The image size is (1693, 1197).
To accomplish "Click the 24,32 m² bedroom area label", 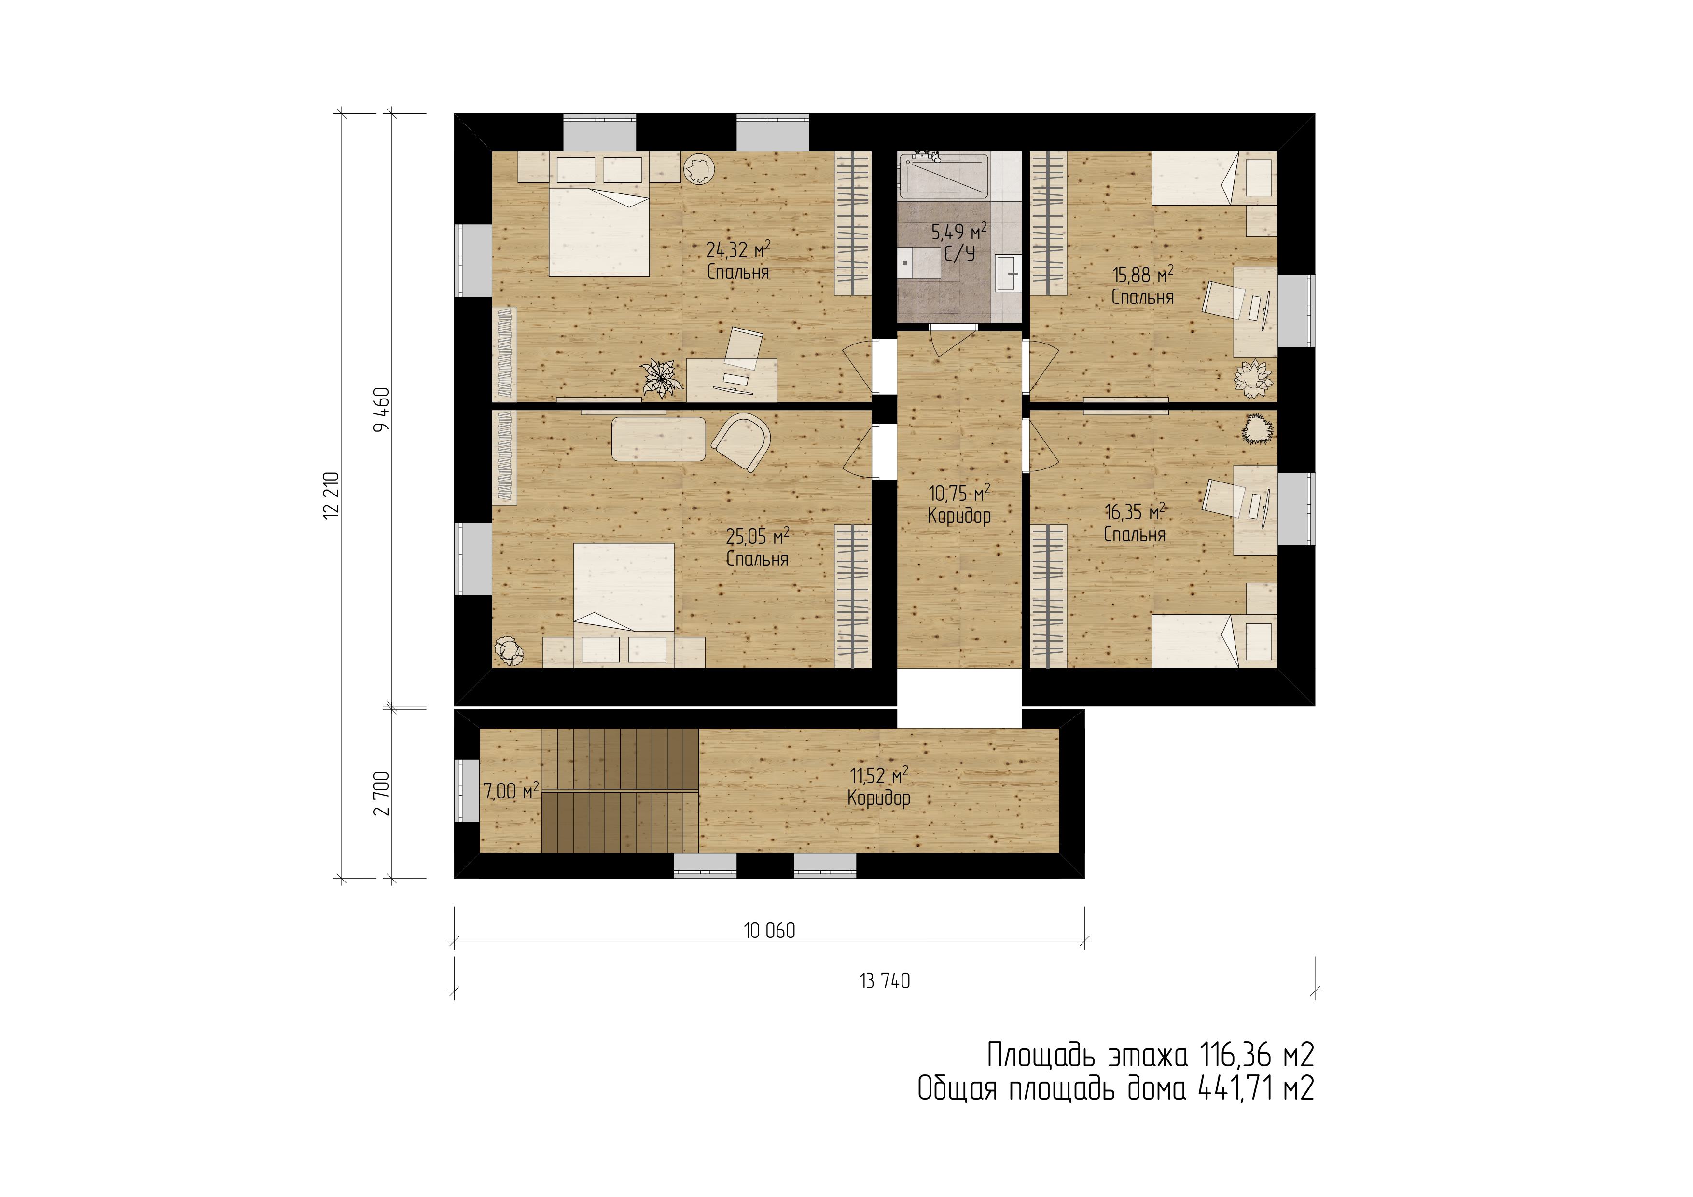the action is [738, 260].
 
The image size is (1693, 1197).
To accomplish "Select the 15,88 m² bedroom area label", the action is [1143, 286].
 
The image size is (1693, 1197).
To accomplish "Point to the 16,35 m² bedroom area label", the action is [1135, 523].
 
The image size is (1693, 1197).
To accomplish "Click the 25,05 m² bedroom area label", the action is [757, 547].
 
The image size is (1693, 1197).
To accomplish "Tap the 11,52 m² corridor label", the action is [879, 786].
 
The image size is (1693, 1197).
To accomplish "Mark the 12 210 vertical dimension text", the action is [331, 495].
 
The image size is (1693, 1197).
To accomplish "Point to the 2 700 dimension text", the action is [381, 794].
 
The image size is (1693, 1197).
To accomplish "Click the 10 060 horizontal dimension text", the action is [769, 931].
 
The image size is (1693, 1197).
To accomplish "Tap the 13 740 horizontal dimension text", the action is [885, 981].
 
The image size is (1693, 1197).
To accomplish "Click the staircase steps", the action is [620, 790].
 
